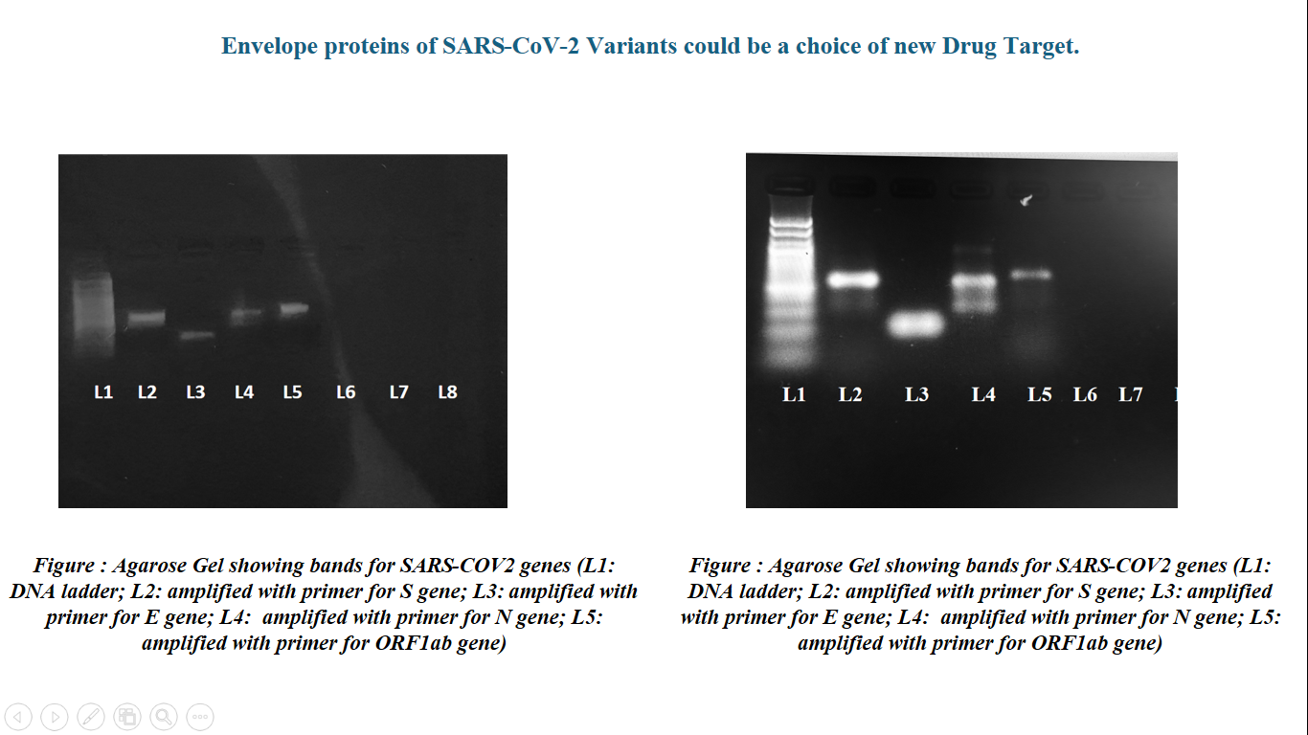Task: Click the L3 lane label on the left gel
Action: pos(195,392)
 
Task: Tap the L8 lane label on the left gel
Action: pos(448,392)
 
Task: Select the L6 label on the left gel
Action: pos(346,392)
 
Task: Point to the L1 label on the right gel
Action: pos(794,394)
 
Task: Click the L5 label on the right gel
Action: pos(1039,394)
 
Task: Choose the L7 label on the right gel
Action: pos(1131,394)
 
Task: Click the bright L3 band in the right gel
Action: pos(915,324)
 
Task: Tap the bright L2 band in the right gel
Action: pos(853,279)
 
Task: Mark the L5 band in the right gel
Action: pos(1031,274)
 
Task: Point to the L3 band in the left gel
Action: pos(197,336)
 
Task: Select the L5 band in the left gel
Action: pos(294,309)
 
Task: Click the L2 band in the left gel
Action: pos(147,318)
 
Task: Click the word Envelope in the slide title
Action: pos(269,46)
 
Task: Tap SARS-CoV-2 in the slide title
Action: pos(511,46)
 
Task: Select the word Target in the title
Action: pos(1041,46)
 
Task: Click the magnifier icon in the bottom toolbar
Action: pos(164,716)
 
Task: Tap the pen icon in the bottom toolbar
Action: pos(91,716)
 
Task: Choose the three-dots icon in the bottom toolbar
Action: pos(200,716)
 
